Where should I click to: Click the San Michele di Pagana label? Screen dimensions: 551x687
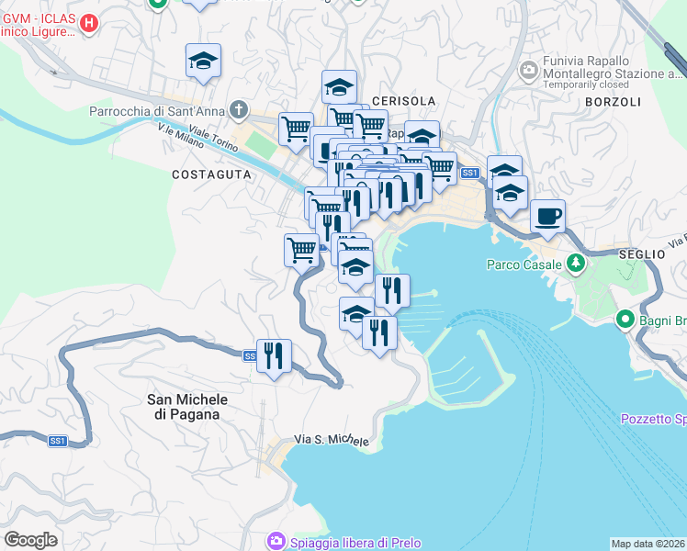click(x=187, y=407)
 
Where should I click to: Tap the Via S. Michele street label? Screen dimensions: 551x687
click(x=332, y=441)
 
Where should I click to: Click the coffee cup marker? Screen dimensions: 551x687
click(x=548, y=216)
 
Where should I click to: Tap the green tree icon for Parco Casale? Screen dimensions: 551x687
click(x=576, y=264)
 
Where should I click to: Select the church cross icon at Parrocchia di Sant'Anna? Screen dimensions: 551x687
click(x=239, y=112)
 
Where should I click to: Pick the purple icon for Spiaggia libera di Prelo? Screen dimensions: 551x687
click(x=275, y=542)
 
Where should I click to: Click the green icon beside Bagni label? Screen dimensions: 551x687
click(x=625, y=320)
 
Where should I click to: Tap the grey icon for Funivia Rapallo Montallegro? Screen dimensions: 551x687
click(x=528, y=70)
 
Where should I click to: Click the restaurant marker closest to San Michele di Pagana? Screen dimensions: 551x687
click(x=274, y=355)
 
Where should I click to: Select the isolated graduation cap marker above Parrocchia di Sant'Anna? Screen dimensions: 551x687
click(x=203, y=61)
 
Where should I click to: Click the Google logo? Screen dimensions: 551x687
click(x=30, y=540)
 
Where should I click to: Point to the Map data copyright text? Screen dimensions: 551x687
click(x=648, y=544)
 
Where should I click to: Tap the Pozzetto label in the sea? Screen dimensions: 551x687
click(x=653, y=419)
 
